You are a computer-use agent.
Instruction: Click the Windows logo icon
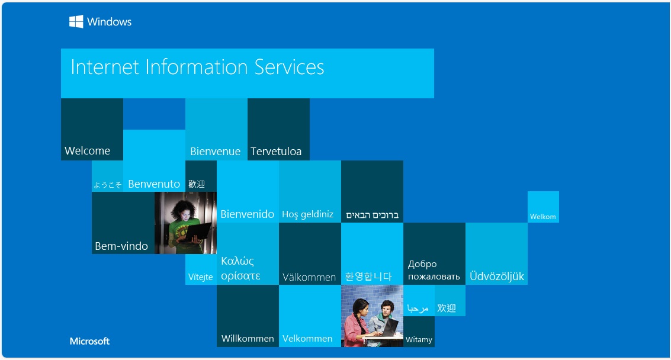tap(76, 21)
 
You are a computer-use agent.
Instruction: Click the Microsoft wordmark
tap(90, 341)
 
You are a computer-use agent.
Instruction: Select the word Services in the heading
tap(289, 67)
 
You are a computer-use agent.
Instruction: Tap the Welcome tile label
tap(87, 150)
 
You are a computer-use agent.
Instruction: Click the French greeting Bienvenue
tap(215, 151)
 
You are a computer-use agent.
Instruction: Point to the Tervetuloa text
tap(276, 151)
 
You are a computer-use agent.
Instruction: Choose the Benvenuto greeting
tap(154, 184)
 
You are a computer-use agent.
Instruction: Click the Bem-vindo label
tap(121, 246)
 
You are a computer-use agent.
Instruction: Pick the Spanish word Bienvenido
tap(248, 214)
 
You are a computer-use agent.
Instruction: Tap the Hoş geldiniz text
tap(308, 214)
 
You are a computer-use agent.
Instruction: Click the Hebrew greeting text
tap(373, 215)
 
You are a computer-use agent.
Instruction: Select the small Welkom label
tap(543, 217)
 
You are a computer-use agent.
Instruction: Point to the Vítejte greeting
tap(201, 277)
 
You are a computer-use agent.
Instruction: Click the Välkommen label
tap(309, 277)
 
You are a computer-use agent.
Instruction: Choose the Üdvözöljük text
tap(497, 276)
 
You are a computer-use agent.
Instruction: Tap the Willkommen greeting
tap(248, 339)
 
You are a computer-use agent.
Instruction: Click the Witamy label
tap(419, 339)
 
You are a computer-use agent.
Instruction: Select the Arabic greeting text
tap(418, 308)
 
